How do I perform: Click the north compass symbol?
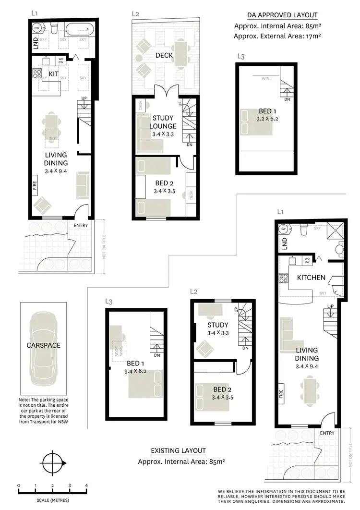50,464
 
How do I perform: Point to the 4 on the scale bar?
87,486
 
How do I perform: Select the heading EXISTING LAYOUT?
178,450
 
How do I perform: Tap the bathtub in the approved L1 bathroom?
79,30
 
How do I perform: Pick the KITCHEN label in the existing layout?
312,278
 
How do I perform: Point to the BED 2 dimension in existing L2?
222,397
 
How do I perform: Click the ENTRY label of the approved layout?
80,225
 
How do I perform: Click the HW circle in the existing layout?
283,229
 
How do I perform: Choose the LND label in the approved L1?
36,45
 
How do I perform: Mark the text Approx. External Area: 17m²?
277,36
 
